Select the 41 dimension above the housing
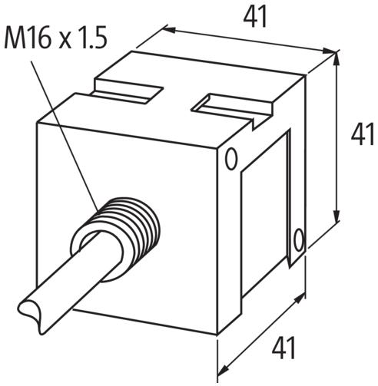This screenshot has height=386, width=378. click(254, 15)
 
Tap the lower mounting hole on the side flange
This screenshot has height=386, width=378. click(300, 239)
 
